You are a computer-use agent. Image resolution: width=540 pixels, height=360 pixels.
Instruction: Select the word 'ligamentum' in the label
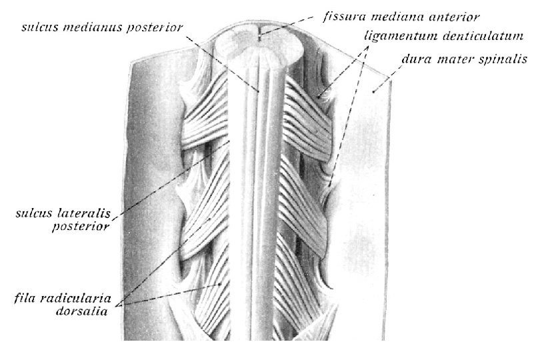(x=395, y=33)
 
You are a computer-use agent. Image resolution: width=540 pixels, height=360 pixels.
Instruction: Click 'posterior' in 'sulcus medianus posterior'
(x=157, y=29)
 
